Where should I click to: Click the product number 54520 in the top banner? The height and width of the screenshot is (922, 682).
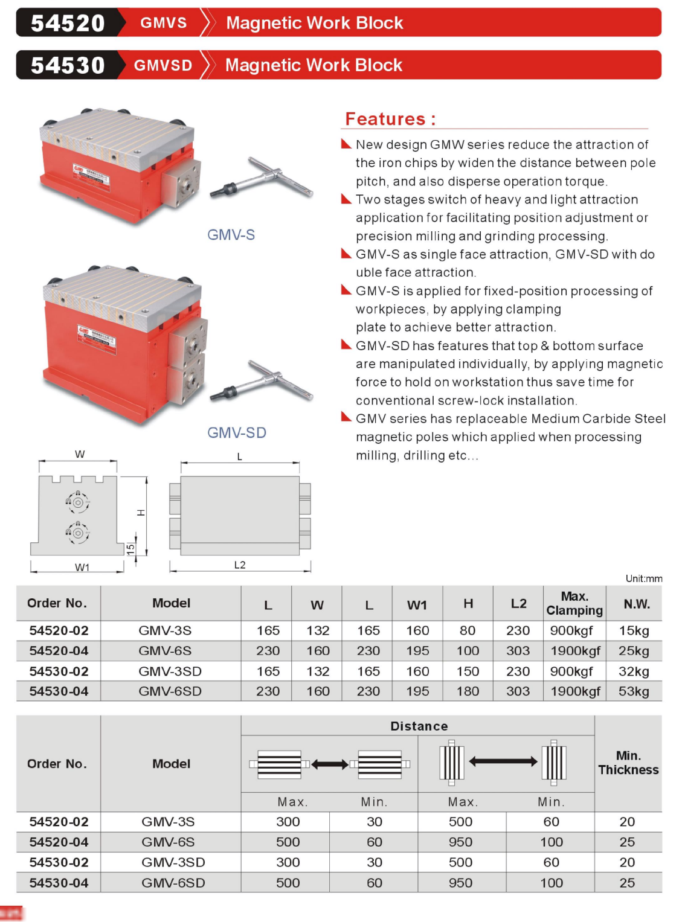68,23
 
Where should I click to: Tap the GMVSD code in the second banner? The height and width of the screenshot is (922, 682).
163,65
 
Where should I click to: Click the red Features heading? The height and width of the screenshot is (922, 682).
390,119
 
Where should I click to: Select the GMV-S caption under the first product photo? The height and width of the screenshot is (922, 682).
231,235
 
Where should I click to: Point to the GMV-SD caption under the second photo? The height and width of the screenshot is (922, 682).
236,433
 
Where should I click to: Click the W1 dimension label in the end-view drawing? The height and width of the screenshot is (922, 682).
82,568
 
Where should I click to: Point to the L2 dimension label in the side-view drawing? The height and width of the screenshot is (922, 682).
240,565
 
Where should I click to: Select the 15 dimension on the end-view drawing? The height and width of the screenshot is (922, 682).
130,549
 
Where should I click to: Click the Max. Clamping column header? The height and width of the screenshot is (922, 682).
574,603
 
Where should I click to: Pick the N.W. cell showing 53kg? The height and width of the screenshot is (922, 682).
634,691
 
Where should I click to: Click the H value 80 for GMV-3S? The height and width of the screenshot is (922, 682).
468,631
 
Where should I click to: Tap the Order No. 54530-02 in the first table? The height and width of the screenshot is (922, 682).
59,671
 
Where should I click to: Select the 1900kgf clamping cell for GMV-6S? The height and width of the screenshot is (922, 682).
575,651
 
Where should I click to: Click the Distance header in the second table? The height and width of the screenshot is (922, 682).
419,726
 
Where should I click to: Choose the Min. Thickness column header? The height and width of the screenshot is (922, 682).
628,763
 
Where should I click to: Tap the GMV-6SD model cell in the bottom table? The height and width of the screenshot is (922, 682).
173,883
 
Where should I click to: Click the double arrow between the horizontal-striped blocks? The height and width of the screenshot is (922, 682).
330,764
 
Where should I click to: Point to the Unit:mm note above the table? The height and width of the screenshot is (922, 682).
643,578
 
